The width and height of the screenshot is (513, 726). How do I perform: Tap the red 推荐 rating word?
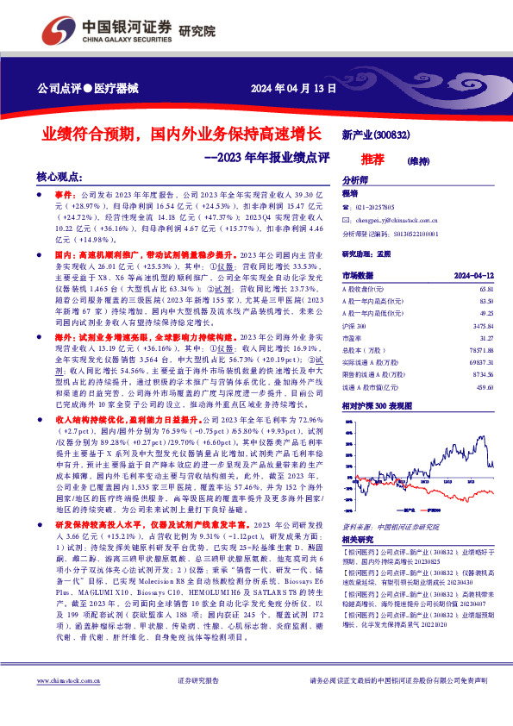pos(373,160)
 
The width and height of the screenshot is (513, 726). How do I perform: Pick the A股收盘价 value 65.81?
pos(485,289)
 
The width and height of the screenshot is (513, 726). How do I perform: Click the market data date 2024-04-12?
pos(472,273)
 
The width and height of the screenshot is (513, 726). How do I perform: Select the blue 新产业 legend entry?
pos(403,510)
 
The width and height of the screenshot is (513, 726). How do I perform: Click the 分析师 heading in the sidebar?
pos(354,180)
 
